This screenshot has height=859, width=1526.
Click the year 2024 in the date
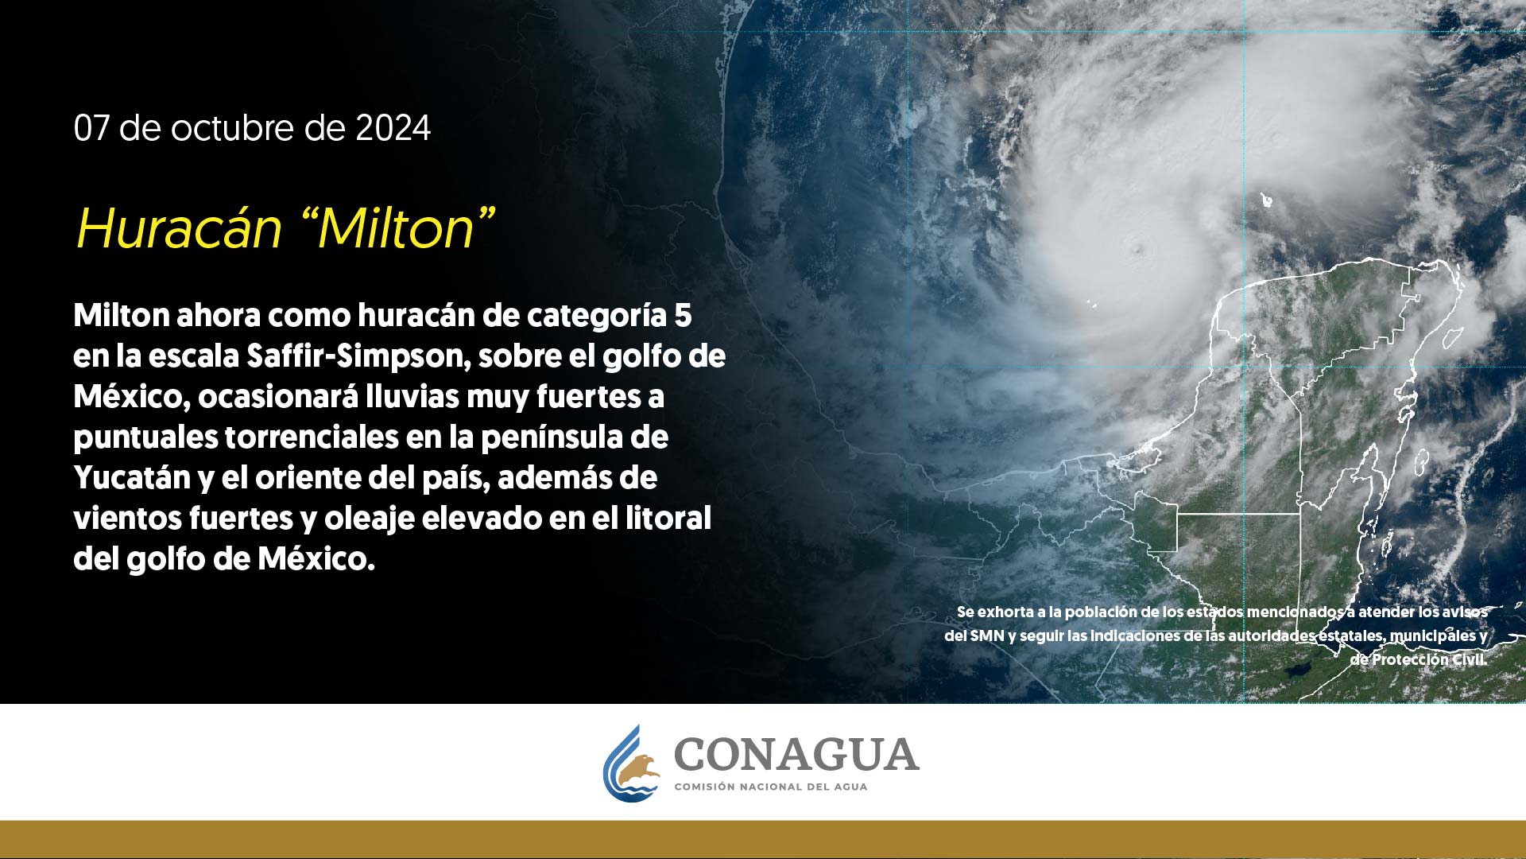pyautogui.click(x=393, y=128)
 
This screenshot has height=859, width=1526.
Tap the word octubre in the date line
pyautogui.click(x=233, y=128)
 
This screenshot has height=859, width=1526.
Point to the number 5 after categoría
pyautogui.click(x=683, y=316)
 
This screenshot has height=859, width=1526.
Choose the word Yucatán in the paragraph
pyautogui.click(x=132, y=478)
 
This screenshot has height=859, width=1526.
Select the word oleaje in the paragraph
pyautogui.click(x=369, y=519)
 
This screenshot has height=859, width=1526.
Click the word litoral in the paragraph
pyautogui.click(x=668, y=518)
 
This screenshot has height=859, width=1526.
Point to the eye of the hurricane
pyautogui.click(x=1135, y=247)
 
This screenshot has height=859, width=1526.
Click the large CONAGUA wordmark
pyautogui.click(x=796, y=755)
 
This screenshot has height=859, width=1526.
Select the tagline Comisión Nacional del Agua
pyautogui.click(x=771, y=787)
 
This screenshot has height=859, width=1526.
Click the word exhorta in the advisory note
pyautogui.click(x=1005, y=612)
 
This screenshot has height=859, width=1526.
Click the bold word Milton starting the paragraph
pyautogui.click(x=122, y=316)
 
